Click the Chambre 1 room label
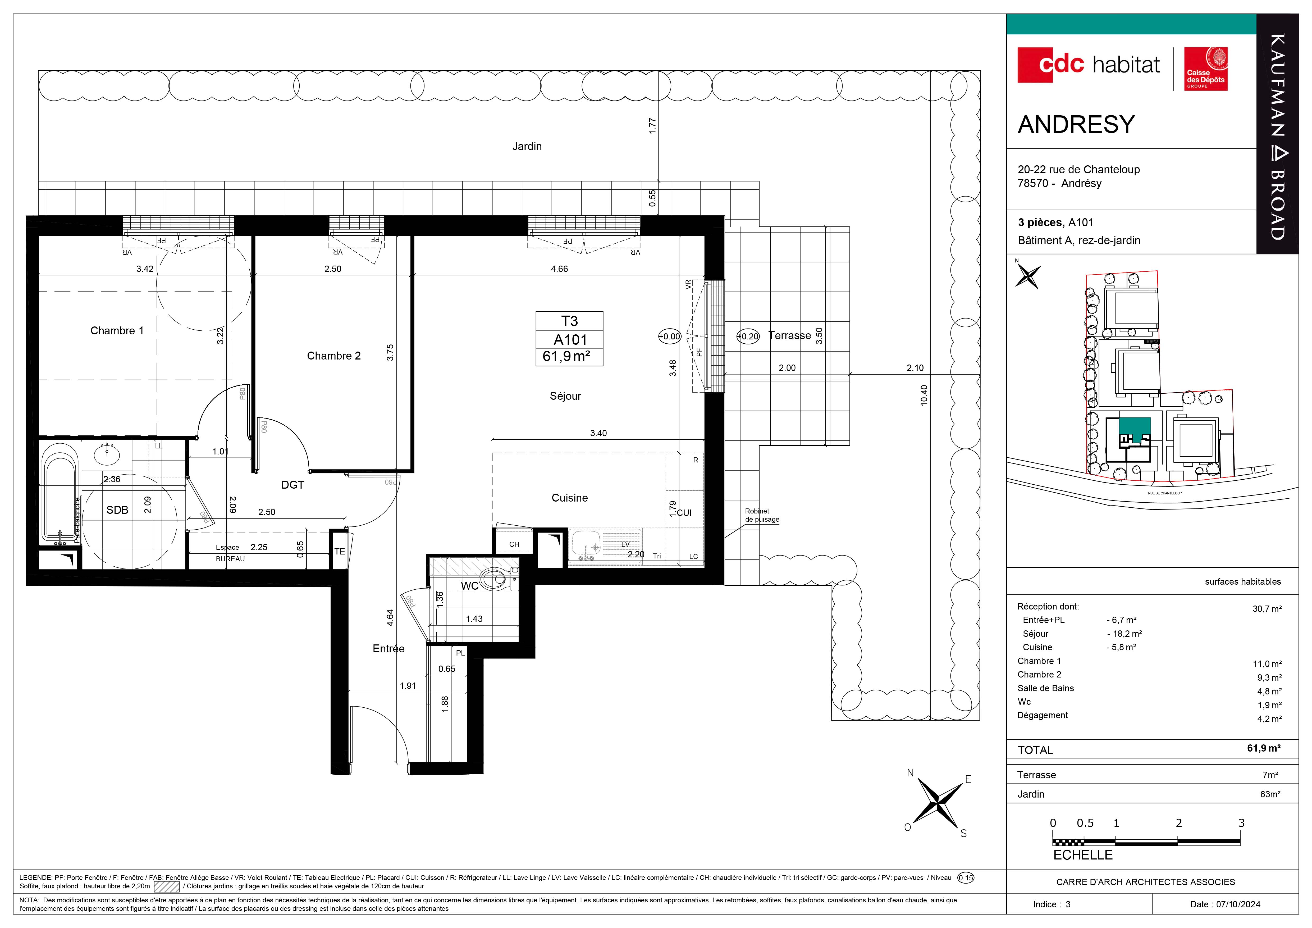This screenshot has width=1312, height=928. [117, 331]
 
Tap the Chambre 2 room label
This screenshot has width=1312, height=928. [334, 356]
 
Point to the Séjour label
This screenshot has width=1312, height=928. [565, 396]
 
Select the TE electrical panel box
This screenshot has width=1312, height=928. [339, 550]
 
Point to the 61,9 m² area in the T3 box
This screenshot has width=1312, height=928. [566, 357]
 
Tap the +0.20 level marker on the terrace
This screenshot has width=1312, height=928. [748, 336]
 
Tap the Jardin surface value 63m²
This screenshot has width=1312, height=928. [1270, 794]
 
